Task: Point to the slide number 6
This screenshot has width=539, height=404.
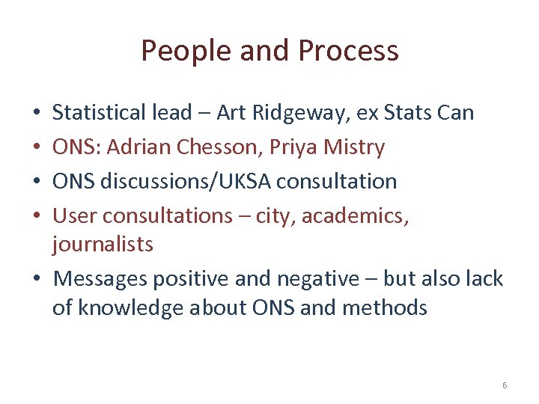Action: (x=505, y=385)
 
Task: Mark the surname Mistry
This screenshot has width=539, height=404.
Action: (x=356, y=148)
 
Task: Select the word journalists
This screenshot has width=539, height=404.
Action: (x=103, y=245)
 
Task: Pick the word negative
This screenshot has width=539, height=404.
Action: (x=319, y=279)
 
